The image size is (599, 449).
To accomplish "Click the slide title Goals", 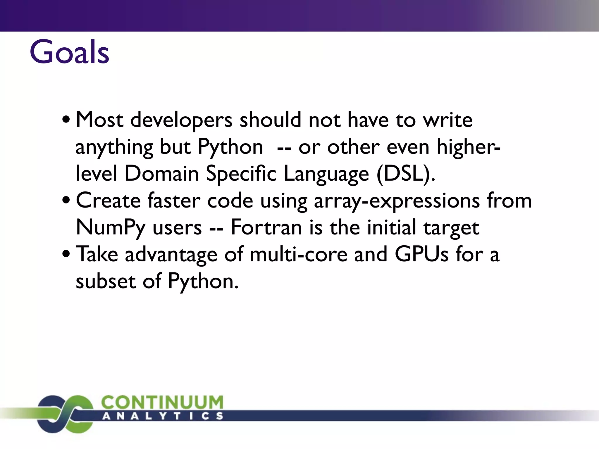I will (69, 52).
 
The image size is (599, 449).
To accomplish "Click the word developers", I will (181, 120).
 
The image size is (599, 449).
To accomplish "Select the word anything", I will (114, 147).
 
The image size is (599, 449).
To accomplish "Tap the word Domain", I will (162, 174).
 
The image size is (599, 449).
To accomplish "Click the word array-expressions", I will (397, 201).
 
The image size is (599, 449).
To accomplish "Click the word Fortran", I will (266, 227).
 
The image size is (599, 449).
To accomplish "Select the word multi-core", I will (298, 254).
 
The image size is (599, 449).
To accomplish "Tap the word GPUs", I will (421, 254).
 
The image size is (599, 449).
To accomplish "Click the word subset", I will (106, 281).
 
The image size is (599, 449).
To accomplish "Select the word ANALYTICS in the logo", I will (163, 416).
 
